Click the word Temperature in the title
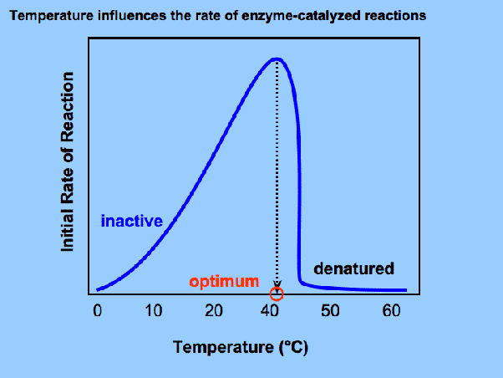click(43, 15)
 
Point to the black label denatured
click(353, 268)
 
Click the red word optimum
click(223, 281)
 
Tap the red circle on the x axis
click(277, 294)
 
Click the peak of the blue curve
click(277, 59)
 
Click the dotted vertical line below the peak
click(277, 167)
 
